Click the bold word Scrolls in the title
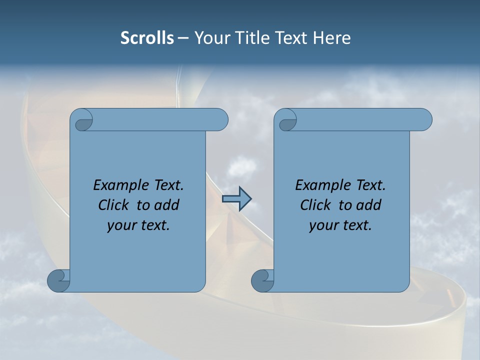click(147, 38)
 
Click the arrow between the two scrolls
click(236, 199)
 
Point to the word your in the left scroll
click(122, 225)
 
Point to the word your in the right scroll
click(324, 225)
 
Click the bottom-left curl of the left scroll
click(58, 280)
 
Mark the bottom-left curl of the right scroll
click(262, 280)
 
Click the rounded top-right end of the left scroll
click(220, 120)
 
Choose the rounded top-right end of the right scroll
click(424, 120)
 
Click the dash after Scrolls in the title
click(183, 38)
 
